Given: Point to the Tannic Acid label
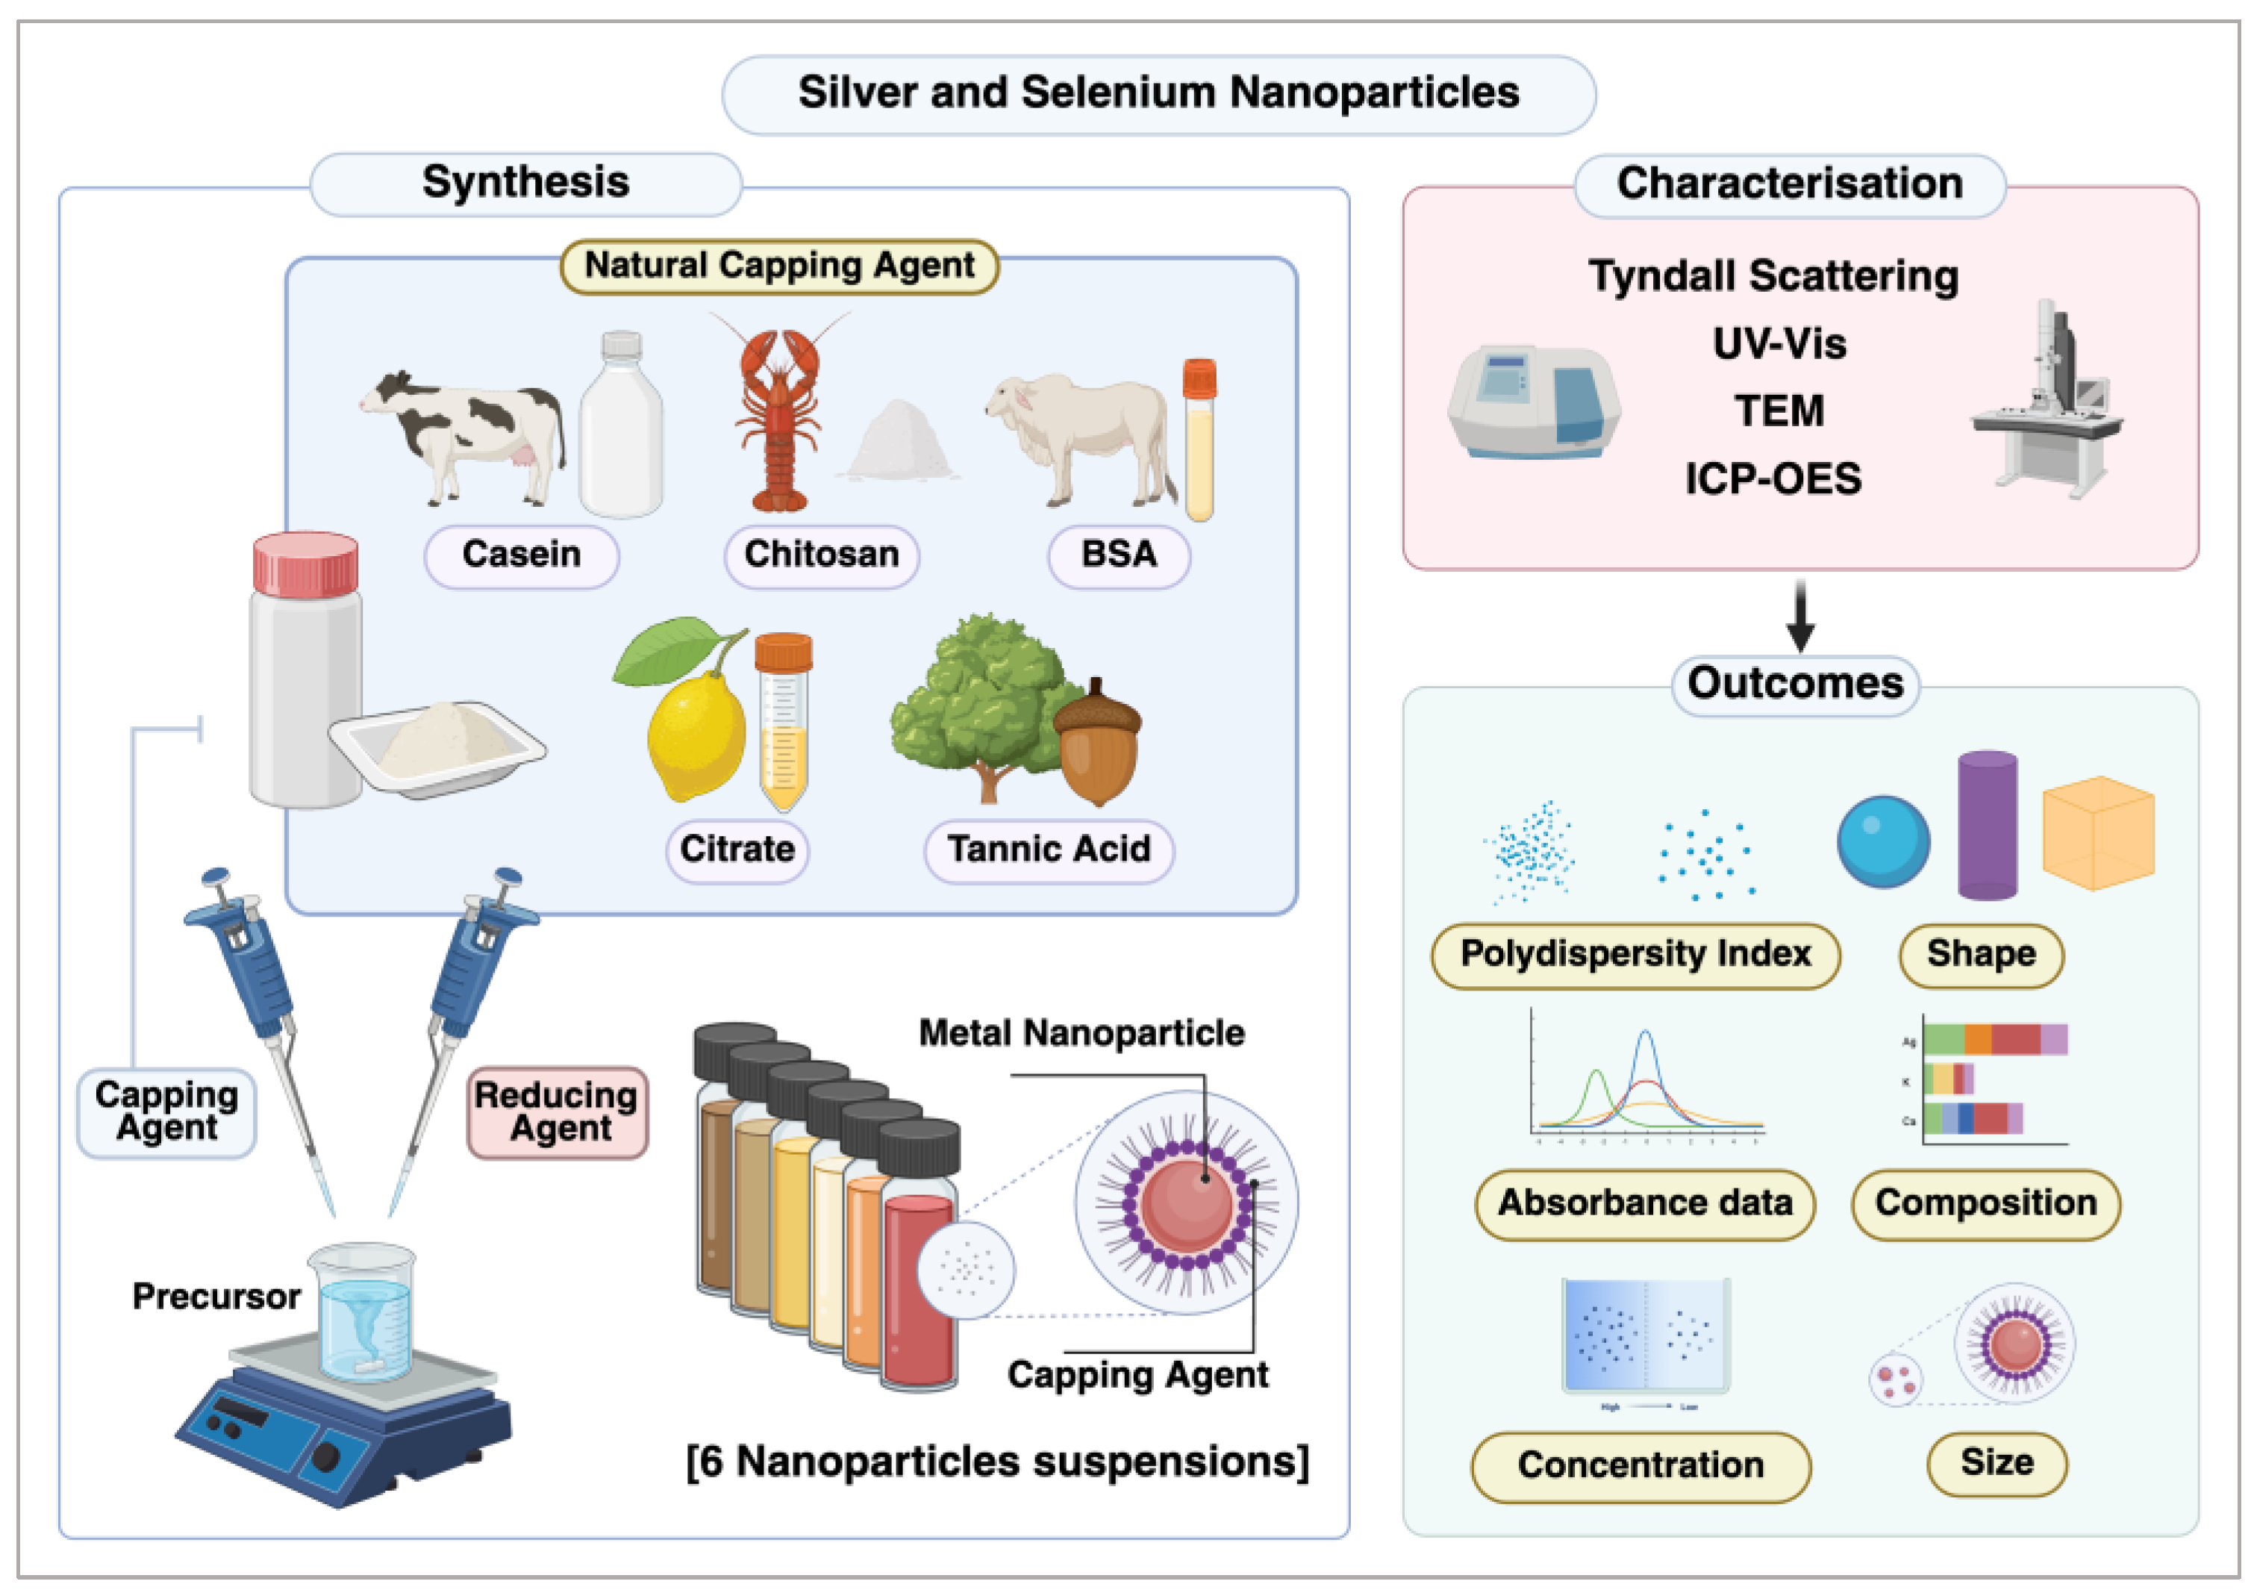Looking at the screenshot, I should click(1049, 850).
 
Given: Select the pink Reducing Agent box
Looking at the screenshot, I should click(557, 1112).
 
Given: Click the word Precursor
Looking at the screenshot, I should click(216, 1297).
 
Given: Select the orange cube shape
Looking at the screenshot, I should click(2098, 834).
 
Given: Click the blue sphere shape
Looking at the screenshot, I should click(1883, 841).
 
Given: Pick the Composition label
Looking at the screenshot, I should click(1985, 1203).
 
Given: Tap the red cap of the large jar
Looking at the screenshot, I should click(305, 565).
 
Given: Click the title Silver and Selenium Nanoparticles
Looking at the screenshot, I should click(1158, 93).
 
